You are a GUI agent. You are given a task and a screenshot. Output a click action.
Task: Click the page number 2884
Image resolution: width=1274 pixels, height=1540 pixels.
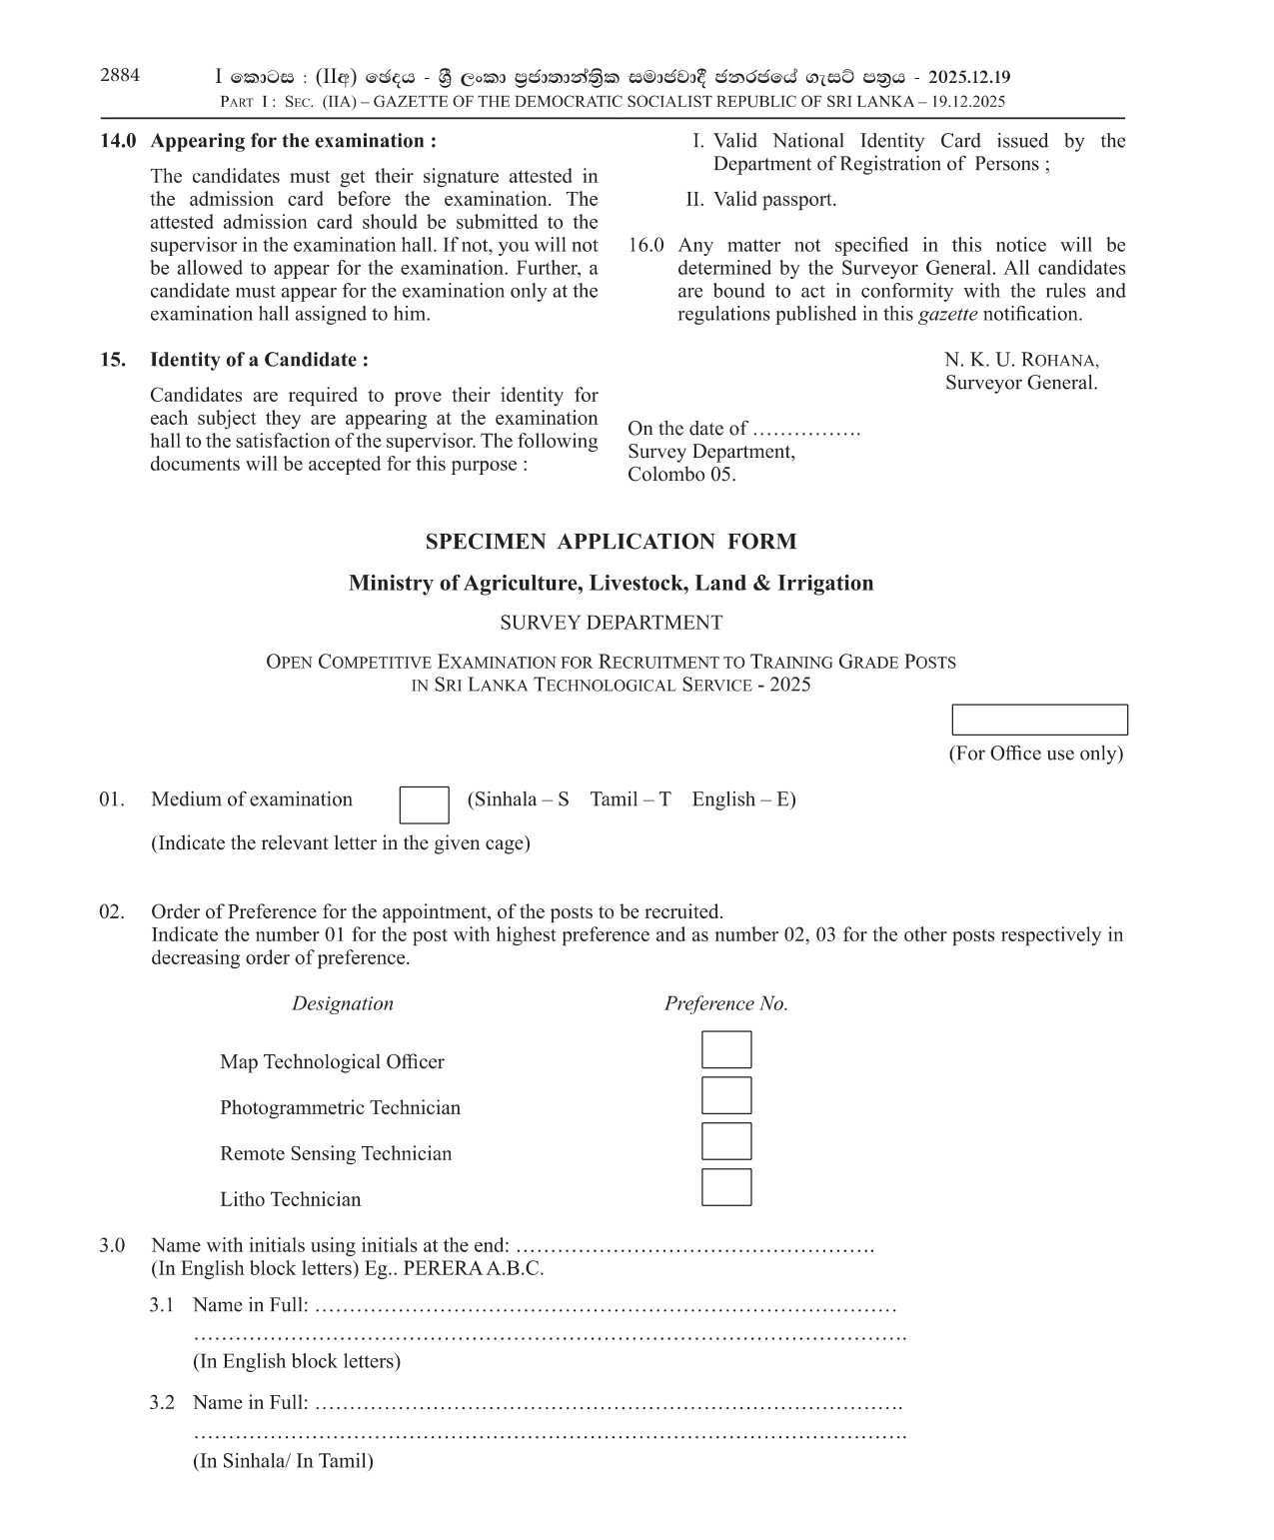point(120,75)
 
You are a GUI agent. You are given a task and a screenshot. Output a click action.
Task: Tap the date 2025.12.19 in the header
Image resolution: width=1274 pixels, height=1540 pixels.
point(968,77)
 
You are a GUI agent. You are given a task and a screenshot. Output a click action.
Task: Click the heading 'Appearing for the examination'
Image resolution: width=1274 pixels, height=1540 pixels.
point(293,141)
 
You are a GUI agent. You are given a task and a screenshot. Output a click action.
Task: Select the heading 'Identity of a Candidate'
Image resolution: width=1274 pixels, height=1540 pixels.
point(259,360)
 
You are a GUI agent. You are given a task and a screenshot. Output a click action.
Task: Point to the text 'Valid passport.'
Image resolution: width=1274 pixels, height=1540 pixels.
point(774,200)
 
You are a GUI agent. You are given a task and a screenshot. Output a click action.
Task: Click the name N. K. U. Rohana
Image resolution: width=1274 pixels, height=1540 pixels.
point(1021,360)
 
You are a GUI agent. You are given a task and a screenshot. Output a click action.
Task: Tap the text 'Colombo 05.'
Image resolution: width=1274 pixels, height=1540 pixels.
point(681,475)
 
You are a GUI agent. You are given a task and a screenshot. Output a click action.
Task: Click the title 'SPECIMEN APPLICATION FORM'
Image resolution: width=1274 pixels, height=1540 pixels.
point(611,542)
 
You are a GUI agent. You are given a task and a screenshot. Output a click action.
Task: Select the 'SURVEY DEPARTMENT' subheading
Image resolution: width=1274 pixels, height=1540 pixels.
point(611,623)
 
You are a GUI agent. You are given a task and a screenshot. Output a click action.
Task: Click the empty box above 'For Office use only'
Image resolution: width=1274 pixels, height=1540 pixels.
point(1039,720)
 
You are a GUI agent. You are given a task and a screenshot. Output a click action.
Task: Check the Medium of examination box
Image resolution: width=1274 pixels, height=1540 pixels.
point(424,804)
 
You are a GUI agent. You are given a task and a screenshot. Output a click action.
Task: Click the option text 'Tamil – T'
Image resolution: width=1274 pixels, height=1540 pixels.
point(631,799)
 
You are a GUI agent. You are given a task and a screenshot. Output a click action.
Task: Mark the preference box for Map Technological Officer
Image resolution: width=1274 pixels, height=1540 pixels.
point(726,1050)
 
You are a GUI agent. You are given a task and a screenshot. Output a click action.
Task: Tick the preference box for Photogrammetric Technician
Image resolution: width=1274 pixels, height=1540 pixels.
point(726,1096)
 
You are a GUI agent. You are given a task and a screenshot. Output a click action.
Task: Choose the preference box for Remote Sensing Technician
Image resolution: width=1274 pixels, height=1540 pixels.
point(726,1141)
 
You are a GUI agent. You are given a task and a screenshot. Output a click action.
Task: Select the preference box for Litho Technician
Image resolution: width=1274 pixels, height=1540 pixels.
point(726,1187)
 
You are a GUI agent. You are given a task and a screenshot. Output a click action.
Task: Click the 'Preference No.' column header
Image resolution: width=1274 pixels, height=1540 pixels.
point(726,1004)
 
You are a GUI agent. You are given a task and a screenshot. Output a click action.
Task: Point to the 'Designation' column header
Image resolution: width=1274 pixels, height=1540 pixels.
point(343,1004)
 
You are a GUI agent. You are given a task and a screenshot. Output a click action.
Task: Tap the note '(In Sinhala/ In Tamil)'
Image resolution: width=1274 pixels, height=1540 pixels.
point(283,1461)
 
